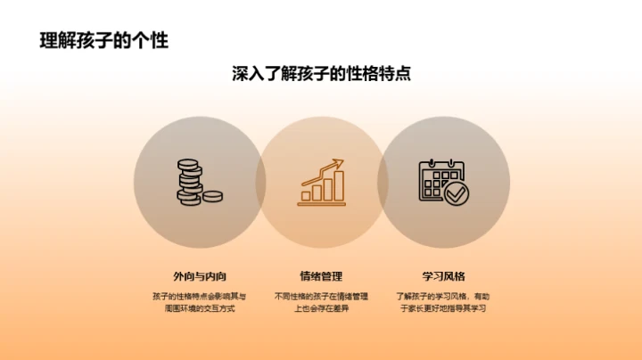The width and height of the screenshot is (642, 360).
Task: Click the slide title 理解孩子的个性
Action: pyautogui.click(x=104, y=41)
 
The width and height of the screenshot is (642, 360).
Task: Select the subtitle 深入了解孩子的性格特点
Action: pyautogui.click(x=321, y=75)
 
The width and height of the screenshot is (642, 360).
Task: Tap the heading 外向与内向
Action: pyautogui.click(x=199, y=276)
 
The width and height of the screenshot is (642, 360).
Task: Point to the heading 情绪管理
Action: pyautogui.click(x=321, y=276)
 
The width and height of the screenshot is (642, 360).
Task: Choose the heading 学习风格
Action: pyautogui.click(x=443, y=276)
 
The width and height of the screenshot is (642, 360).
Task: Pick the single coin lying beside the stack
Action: pyautogui.click(x=214, y=195)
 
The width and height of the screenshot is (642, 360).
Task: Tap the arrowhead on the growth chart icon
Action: pyautogui.click(x=339, y=163)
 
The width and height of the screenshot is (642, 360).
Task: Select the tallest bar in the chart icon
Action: pyautogui.click(x=339, y=186)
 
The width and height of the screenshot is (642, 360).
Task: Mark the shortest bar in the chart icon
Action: pyautogui.click(x=306, y=194)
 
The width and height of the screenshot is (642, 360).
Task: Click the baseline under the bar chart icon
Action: pyautogui.click(x=322, y=204)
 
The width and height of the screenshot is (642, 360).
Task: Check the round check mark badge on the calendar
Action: pyautogui.click(x=457, y=192)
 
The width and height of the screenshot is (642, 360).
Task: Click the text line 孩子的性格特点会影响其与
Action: pyautogui.click(x=199, y=296)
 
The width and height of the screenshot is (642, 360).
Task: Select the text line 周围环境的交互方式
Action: pyautogui.click(x=199, y=309)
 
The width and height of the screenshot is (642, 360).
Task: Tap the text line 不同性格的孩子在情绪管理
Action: pyautogui.click(x=321, y=296)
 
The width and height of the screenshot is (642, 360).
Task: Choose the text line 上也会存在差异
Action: pyautogui.click(x=321, y=309)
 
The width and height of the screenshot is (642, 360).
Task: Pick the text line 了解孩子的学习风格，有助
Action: pyautogui.click(x=443, y=296)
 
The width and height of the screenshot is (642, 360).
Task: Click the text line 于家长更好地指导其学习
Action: pyautogui.click(x=443, y=309)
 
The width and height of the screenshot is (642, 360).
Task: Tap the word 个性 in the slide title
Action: pyautogui.click(x=153, y=41)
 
